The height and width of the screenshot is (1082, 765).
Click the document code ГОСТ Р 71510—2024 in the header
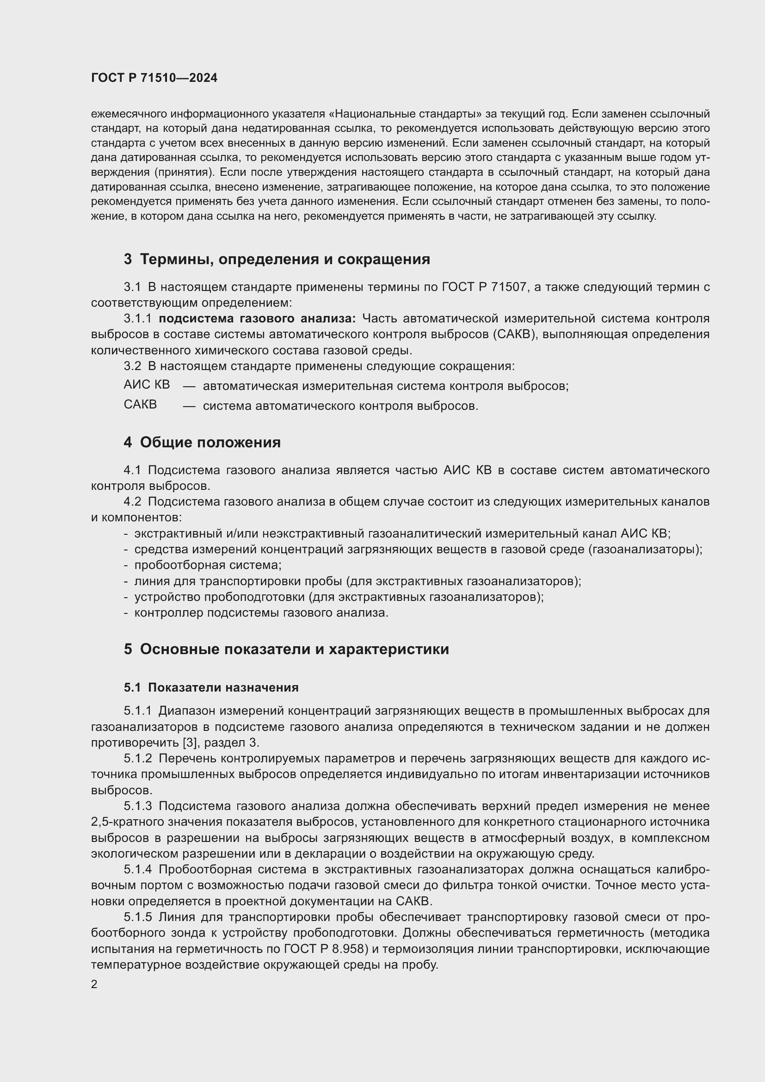[154, 78]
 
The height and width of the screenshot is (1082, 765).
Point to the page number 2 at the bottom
[94, 984]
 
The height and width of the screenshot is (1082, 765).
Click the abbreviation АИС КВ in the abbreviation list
[147, 384]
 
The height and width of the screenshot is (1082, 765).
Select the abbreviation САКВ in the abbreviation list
[141, 404]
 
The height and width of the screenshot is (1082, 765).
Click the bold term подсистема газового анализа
[257, 319]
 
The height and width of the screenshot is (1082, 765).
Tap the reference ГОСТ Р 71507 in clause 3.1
[484, 287]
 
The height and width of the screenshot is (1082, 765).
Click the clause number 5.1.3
[138, 806]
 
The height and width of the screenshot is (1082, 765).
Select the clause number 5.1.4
[138, 870]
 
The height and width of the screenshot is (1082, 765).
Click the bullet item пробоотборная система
[208, 565]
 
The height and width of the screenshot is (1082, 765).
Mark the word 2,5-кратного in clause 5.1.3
[127, 822]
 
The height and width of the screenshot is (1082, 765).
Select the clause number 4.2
[132, 501]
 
